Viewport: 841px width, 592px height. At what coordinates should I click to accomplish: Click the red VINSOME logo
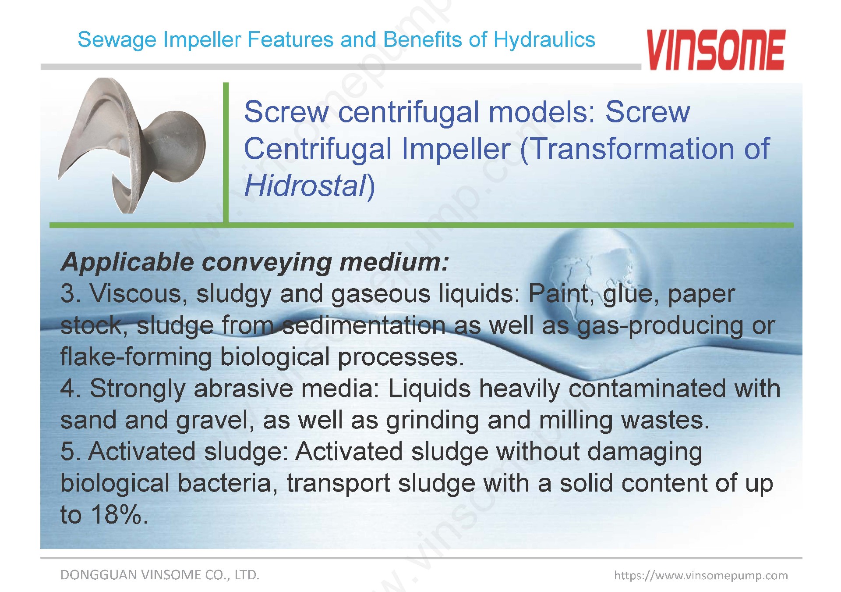pos(716,50)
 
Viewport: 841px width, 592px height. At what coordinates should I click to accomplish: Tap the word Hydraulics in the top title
pos(544,40)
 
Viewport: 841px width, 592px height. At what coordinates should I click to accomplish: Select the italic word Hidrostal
pos(305,185)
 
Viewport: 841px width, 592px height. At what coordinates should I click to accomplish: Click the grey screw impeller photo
pos(132,145)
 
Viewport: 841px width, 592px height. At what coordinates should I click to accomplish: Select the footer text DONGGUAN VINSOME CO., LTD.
pos(160,575)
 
